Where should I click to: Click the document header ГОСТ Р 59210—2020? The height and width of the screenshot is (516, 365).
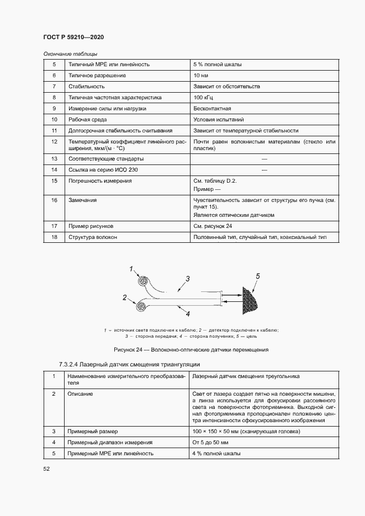(73, 37)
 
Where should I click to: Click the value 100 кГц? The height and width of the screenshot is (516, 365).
(203, 97)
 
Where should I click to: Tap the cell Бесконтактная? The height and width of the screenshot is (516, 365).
(212, 108)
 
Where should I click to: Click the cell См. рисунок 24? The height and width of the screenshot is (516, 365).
(213, 226)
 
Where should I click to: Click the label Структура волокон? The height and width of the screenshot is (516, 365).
(92, 237)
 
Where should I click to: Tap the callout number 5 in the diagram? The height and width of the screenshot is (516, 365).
(257, 275)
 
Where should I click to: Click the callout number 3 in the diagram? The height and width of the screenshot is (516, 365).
(188, 279)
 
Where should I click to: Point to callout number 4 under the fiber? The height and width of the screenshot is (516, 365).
(188, 314)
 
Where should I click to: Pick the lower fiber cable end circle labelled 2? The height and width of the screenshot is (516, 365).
(140, 306)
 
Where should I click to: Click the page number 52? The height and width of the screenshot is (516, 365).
(46, 469)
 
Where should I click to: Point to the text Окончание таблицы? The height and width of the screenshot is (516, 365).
(70, 54)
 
